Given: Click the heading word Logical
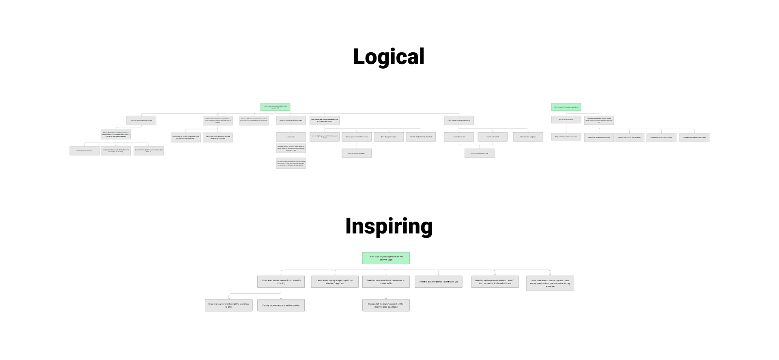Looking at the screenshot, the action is tap(389, 56).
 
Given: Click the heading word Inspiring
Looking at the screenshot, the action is tap(389, 226).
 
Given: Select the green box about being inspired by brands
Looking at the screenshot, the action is tap(386, 258).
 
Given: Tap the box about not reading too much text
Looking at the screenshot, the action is tap(281, 282).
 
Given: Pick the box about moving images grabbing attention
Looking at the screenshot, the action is tap(335, 282).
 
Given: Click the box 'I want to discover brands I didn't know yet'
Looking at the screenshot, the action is tap(438, 282).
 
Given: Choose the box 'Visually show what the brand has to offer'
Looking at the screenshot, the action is tap(281, 305).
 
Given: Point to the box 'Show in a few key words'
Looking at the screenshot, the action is tap(228, 305).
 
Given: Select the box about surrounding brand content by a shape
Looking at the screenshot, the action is tap(386, 305).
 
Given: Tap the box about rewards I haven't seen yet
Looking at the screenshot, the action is tap(495, 282).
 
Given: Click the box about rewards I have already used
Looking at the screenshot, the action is tap(550, 283).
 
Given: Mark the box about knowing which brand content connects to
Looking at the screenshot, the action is tap(386, 282).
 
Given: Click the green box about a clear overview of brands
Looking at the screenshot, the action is tap(275, 107).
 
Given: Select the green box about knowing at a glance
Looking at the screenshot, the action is tap(566, 107).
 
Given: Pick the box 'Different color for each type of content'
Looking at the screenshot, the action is tap(629, 137).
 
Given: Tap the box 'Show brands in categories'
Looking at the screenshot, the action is tap(528, 137).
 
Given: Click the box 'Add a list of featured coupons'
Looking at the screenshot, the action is tap(357, 153).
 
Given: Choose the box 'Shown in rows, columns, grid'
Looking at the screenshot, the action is tap(479, 153).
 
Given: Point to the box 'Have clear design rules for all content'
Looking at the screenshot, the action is tap(141, 121).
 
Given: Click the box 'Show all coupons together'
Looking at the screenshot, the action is tap(389, 137).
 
